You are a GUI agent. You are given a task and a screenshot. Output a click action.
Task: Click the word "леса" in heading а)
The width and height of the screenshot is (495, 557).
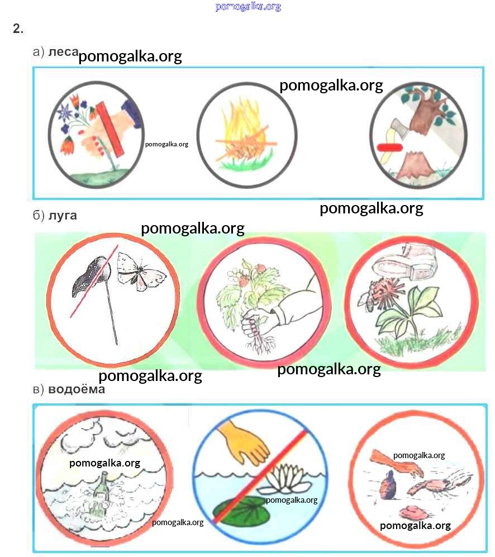point(63,52)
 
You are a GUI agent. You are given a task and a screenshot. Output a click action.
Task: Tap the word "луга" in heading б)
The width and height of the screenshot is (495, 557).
point(63,216)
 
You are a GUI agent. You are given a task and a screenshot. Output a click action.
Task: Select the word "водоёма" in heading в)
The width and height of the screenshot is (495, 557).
point(77,389)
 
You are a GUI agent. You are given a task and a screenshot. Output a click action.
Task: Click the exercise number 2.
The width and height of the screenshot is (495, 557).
point(18,29)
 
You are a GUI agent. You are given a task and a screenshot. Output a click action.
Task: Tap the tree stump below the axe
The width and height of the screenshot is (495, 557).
point(415,165)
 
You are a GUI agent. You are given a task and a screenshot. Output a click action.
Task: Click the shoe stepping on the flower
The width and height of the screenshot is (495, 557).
point(404,262)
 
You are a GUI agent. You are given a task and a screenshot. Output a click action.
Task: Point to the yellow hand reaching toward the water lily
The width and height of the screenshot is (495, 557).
point(245,440)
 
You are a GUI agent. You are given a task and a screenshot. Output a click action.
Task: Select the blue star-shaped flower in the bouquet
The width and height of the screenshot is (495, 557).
point(65,113)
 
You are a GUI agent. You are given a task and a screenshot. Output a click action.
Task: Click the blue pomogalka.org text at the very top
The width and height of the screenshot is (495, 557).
point(248,7)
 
